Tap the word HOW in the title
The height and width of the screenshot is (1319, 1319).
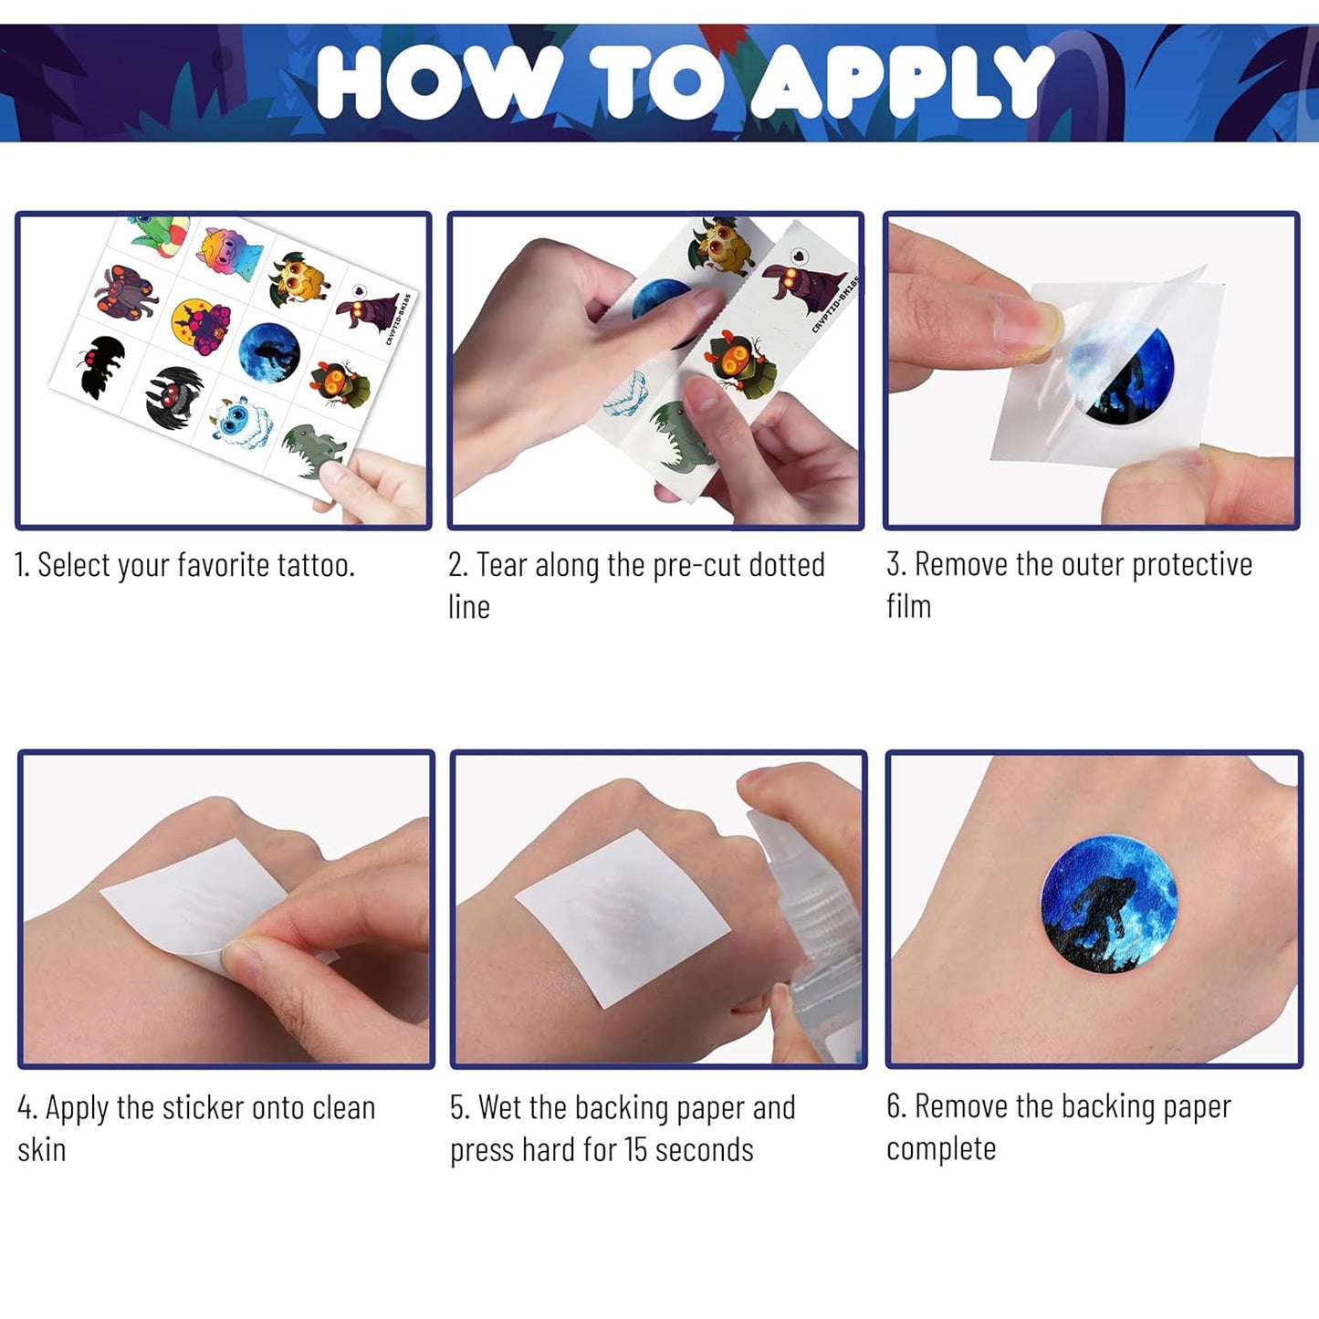pos(438,81)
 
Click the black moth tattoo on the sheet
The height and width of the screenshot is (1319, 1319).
pos(101,365)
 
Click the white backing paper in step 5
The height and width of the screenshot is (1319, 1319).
pos(622,918)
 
